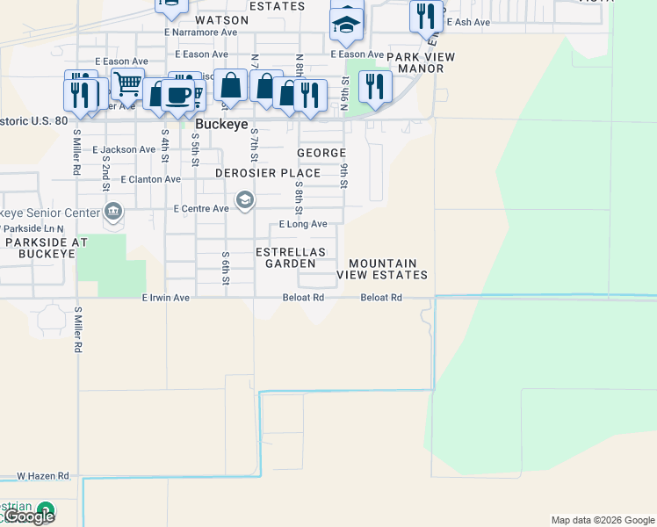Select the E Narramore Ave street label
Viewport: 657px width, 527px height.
[201, 32]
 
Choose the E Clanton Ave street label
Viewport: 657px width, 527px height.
[151, 179]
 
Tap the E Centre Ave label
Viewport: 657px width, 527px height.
[201, 209]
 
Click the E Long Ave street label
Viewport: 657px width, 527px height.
[303, 224]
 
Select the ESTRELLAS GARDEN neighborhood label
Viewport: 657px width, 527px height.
[290, 257]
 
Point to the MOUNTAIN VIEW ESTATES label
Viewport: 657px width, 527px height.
[382, 269]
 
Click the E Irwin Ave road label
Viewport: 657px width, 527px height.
[166, 298]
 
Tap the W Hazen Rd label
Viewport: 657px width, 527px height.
[43, 476]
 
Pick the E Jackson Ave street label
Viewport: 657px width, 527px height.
[124, 150]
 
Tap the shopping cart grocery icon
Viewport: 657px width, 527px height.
[128, 84]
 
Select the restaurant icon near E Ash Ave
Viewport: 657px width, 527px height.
[425, 15]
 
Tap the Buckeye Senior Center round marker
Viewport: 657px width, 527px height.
[113, 212]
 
